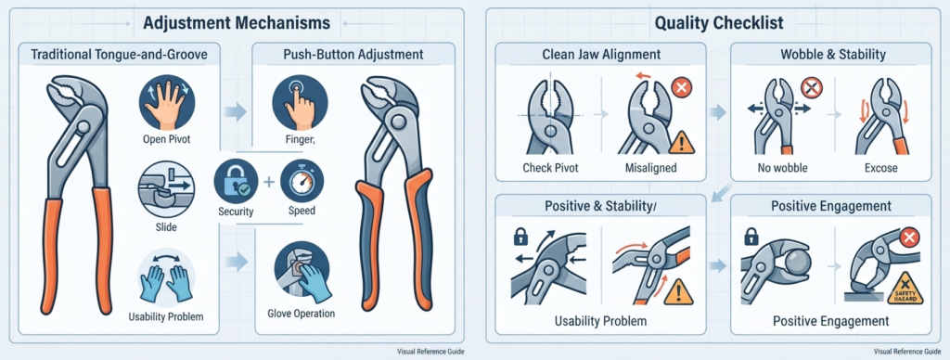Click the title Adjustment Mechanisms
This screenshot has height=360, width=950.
coord(237,23)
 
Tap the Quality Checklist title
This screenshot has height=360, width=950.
coord(719,23)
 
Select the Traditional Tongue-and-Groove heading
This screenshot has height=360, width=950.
coord(119,55)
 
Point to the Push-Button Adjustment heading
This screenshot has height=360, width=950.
coord(353,55)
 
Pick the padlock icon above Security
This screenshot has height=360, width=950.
coord(235,181)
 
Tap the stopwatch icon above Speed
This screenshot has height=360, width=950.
coord(302,181)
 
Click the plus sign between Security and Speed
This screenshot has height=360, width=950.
coord(268,182)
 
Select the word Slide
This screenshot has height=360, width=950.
coord(165,228)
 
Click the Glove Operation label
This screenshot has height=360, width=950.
coord(302,314)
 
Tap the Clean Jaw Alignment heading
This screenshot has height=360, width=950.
coord(600,55)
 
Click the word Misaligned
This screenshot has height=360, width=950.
coord(650,168)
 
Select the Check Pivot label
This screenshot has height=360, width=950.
coord(550,168)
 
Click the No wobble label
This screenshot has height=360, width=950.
coord(782,168)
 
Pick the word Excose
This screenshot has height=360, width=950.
coord(881,168)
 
